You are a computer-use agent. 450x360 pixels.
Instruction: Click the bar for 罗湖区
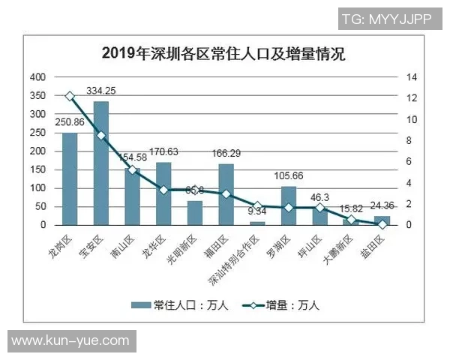point(289,205)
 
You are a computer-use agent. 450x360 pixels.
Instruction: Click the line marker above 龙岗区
point(70,96)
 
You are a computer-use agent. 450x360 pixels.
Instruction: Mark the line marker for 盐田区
point(382,223)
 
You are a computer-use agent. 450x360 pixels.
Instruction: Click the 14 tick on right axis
point(409,77)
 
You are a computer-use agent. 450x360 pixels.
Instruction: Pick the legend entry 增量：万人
point(280,304)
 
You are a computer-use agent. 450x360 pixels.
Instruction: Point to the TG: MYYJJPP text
point(386,19)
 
